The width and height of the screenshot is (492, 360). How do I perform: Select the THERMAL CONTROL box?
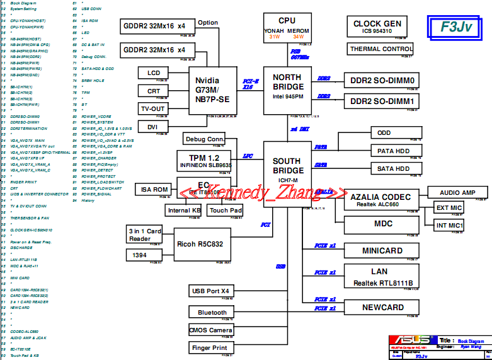click(x=381, y=49)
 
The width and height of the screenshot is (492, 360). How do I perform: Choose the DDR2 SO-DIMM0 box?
click(x=382, y=81)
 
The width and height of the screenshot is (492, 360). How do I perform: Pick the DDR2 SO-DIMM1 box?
click(x=382, y=102)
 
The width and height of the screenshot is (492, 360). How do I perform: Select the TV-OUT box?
click(x=153, y=109)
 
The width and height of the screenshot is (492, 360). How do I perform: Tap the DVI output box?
click(x=153, y=127)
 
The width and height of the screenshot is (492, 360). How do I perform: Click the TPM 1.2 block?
click(x=205, y=161)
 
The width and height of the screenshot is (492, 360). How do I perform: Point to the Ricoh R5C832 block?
click(x=200, y=244)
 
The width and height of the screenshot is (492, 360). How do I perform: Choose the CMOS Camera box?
click(x=211, y=330)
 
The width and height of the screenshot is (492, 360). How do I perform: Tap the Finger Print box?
click(x=211, y=347)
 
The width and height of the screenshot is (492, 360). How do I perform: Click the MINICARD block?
click(x=382, y=251)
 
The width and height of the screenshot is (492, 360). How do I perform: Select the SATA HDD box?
click(x=393, y=169)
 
